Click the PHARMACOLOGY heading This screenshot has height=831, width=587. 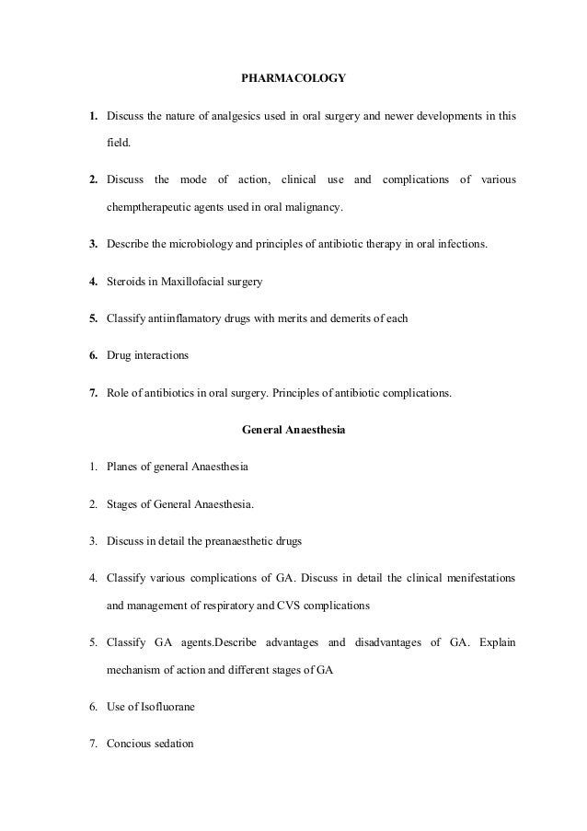293,79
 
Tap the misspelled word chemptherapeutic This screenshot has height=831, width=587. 154,209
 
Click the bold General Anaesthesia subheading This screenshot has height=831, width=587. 293,428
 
